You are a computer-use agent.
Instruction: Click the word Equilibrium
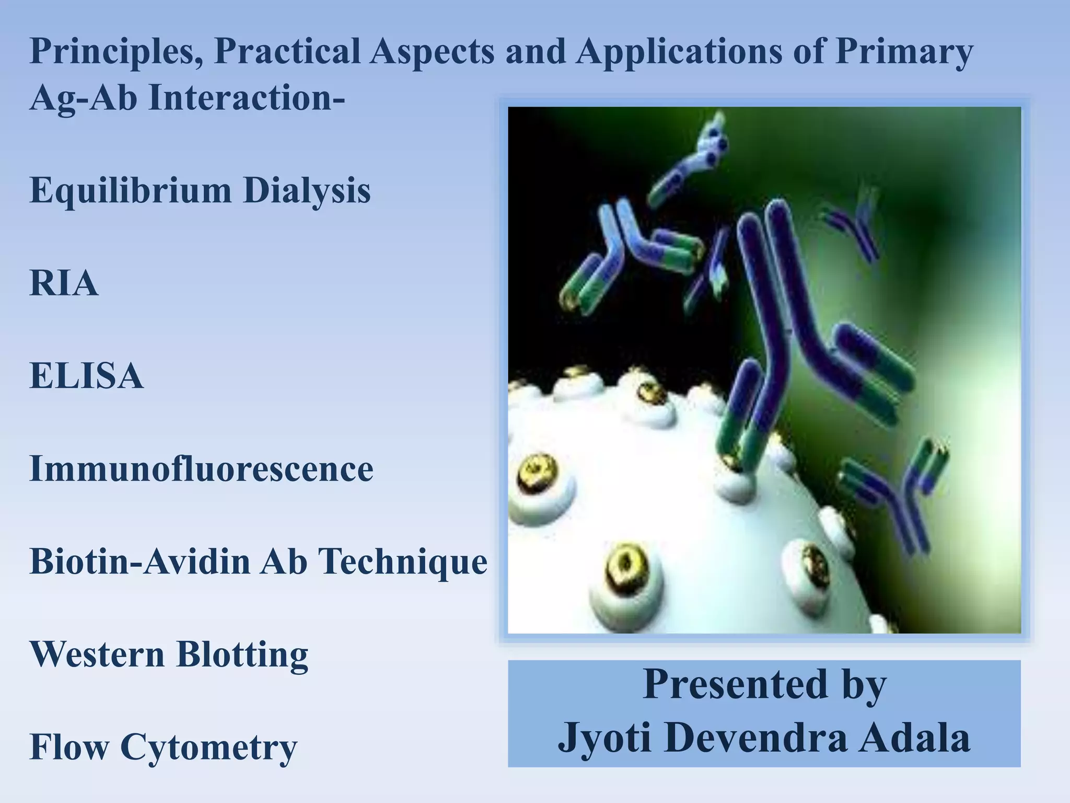(x=130, y=191)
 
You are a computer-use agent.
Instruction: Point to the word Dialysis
(x=307, y=191)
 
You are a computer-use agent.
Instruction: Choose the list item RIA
(x=64, y=283)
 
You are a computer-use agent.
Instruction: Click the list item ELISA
(x=86, y=376)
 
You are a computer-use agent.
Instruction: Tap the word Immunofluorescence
(x=201, y=468)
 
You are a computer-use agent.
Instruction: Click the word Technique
(x=402, y=561)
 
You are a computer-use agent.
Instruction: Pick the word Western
(x=97, y=654)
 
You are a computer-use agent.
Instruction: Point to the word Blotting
(x=242, y=654)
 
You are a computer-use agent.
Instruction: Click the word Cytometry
(x=208, y=748)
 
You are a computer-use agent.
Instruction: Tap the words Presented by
(x=764, y=685)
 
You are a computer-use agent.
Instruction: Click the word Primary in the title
(x=904, y=52)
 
